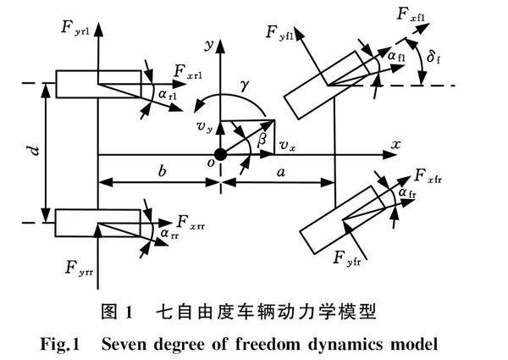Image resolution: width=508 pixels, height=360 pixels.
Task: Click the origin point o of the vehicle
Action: click(220, 154)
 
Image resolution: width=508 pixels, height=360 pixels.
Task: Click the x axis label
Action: click(395, 145)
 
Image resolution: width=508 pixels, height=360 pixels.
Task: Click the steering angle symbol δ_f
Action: click(433, 58)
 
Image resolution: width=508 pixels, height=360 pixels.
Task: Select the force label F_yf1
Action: click(279, 34)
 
